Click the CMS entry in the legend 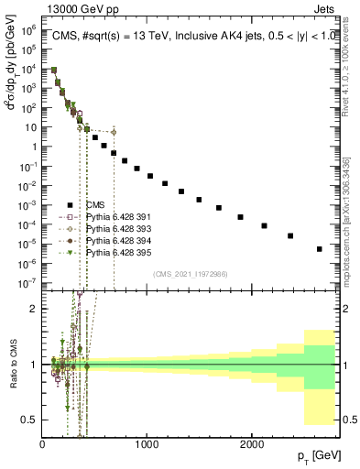96,205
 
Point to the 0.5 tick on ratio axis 29,420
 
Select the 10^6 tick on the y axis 28,30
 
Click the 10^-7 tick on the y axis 27,283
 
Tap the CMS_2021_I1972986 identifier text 190,274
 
